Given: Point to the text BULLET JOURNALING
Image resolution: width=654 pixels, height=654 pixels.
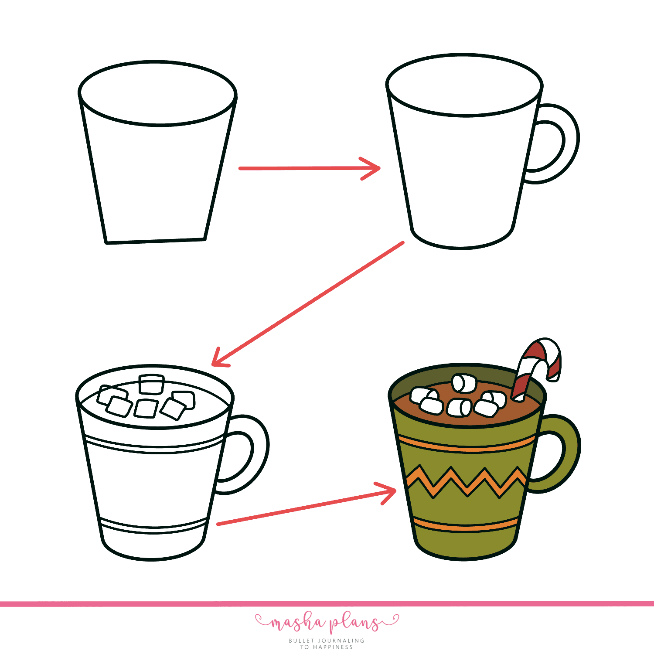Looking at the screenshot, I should [327, 640].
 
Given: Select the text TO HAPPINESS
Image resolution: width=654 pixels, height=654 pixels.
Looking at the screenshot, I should [327, 647].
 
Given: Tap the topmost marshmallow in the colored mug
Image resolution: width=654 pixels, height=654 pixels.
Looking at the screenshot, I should [463, 383].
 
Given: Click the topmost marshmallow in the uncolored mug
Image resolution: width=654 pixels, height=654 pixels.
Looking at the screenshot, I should [151, 384].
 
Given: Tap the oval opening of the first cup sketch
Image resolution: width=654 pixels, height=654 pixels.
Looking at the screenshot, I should [157, 93].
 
